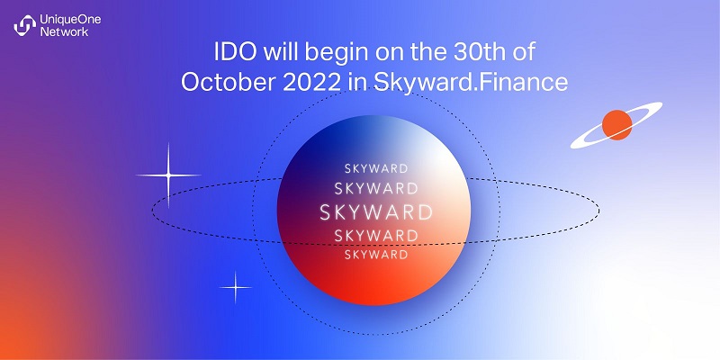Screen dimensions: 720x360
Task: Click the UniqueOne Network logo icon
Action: (25, 25)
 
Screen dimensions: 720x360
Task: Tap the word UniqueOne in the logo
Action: (70, 20)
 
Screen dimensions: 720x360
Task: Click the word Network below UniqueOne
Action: (64, 31)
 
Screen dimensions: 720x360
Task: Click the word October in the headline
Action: (227, 82)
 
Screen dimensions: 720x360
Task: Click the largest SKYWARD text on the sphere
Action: (376, 212)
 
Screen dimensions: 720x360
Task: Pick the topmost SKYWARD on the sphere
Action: (376, 168)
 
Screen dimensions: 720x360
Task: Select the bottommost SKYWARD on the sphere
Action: (376, 255)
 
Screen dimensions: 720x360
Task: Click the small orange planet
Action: (616, 125)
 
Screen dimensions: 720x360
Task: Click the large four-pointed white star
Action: (168, 175)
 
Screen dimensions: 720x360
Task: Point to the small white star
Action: (236, 287)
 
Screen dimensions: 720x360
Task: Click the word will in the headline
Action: (281, 53)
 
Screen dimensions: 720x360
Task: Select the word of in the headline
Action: (523, 53)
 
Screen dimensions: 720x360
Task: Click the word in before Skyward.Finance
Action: (357, 83)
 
